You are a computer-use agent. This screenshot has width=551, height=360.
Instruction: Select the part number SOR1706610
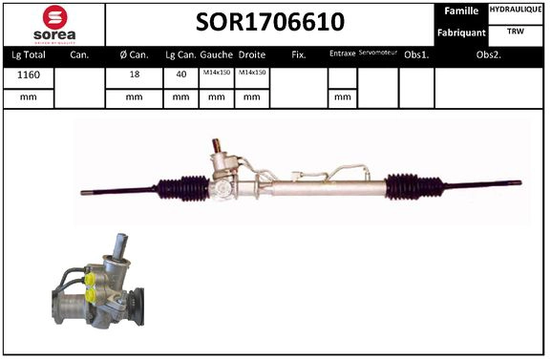270,22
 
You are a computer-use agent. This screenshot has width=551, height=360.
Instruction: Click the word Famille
463,11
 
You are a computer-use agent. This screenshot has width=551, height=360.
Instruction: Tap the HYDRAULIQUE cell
517,9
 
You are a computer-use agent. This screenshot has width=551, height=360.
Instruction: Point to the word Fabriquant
463,32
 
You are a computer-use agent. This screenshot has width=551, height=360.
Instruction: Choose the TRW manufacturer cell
517,32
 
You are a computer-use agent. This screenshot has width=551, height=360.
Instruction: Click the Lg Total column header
27,54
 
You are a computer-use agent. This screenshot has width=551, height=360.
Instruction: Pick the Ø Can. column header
134,54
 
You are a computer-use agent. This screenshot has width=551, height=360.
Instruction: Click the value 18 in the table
134,74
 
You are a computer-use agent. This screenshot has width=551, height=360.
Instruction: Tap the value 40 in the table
180,74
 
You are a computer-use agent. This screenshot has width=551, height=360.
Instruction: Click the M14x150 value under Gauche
216,74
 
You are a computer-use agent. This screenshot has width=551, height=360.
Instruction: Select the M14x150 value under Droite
252,74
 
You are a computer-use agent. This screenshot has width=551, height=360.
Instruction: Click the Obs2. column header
489,54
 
